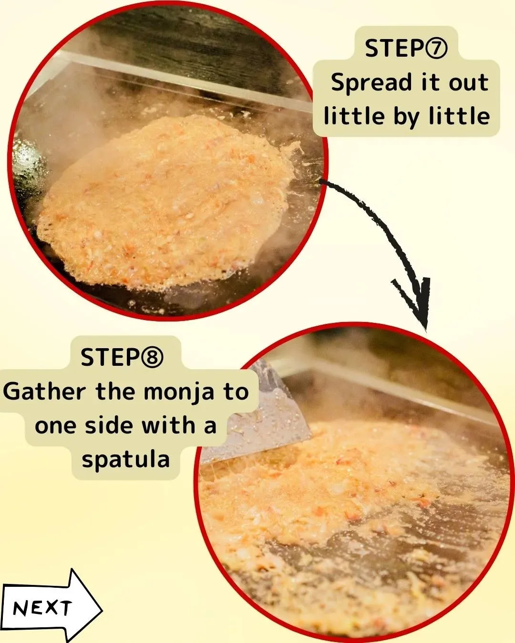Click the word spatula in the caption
click(x=125, y=460)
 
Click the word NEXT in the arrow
click(x=42, y=608)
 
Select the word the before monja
click(x=116, y=392)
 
